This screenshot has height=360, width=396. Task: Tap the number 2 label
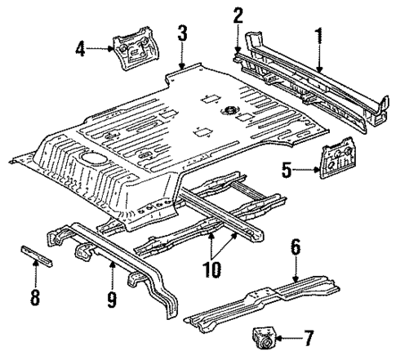pyautogui.click(x=238, y=15)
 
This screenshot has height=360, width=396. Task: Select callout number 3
pyautogui.click(x=183, y=33)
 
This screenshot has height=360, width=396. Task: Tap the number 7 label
pyautogui.click(x=307, y=336)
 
